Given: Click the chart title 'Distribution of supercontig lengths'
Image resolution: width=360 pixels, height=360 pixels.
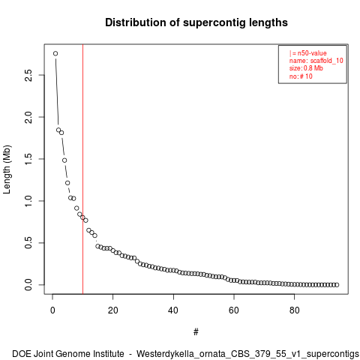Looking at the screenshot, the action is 196,22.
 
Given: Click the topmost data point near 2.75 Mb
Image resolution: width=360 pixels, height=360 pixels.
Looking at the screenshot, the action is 55,53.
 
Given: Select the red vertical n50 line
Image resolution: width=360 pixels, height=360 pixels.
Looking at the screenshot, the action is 82,169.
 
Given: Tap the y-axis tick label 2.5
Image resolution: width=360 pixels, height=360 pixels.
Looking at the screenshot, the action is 28,75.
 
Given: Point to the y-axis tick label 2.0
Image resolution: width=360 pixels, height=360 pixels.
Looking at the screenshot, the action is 28,117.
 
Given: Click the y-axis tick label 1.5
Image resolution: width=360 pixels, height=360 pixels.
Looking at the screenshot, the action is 28,159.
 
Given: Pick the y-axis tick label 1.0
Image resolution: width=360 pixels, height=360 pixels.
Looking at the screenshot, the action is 28,201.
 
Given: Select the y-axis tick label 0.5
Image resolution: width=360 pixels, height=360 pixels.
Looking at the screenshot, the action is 28,243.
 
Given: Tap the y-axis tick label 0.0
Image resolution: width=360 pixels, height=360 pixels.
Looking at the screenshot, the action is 28,285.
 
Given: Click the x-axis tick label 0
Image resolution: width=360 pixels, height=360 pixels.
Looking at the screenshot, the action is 52,310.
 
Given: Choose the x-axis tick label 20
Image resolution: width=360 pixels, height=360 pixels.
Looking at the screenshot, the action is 113,310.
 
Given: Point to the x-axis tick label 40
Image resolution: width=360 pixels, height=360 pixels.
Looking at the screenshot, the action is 173,310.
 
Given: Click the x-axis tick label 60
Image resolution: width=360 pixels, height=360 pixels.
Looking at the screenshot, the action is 234,310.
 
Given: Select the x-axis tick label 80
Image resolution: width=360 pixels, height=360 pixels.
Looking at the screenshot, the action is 295,310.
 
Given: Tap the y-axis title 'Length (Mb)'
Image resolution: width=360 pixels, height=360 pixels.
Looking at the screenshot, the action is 7,169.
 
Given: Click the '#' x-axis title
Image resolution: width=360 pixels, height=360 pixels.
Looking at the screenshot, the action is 196,332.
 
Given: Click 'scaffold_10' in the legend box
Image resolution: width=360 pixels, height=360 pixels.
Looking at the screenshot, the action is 327,61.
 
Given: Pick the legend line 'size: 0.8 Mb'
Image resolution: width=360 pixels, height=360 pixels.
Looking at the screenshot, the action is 306,68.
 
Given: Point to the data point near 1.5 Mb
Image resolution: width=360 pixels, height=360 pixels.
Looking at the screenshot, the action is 64,160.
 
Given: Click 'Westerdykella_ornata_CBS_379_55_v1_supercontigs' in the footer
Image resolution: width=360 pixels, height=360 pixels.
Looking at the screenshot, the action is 247,354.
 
